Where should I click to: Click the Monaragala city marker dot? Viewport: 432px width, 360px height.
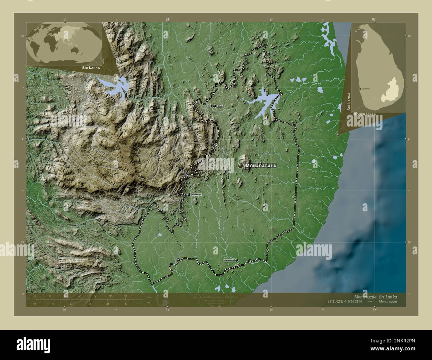[x=240, y=165]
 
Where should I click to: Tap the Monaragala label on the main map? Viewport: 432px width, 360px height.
[x=261, y=165]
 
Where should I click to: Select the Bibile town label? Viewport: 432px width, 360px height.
[x=220, y=106]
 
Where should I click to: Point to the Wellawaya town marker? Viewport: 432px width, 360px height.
[x=189, y=195]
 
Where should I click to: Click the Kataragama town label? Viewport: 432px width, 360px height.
[x=229, y=260]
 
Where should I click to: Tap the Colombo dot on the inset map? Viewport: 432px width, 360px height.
[x=360, y=89]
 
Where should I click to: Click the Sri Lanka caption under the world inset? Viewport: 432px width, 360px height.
[x=90, y=67]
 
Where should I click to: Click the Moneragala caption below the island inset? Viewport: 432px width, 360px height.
[x=365, y=114]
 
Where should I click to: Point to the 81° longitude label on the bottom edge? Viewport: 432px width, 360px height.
[x=167, y=310]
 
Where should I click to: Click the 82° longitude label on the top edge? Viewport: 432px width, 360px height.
[x=374, y=19]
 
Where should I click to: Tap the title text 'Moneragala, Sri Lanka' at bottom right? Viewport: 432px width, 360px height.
[x=376, y=296]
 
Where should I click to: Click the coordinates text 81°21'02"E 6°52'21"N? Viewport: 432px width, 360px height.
[x=344, y=301]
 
